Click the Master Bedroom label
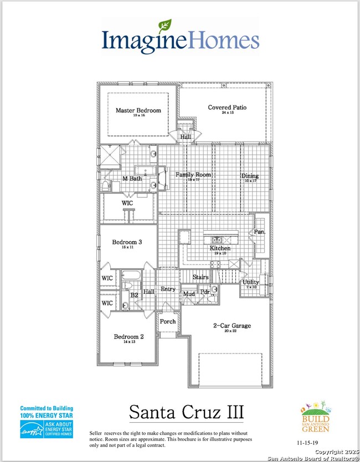pos(138,111)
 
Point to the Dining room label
pos(249,177)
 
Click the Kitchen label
pos(220,248)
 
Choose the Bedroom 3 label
pos(127,242)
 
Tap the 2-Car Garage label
pos(232,326)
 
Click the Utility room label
pos(251,282)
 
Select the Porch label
pos(167,321)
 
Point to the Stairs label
pos(200,276)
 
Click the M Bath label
pos(133,178)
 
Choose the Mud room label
pos(189,294)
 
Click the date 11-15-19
pos(308,443)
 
